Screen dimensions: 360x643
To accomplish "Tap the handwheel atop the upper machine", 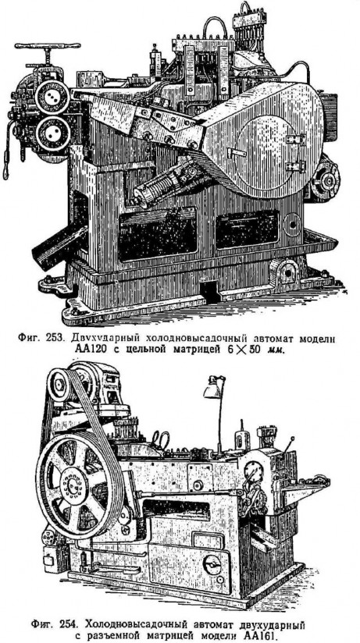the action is (x=48, y=46).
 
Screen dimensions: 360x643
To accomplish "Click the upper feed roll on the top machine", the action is (x=52, y=97).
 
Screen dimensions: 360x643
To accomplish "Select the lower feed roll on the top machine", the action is (x=52, y=133).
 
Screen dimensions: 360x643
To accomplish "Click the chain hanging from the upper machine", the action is (x=6, y=151).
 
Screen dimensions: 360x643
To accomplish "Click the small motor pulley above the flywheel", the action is (x=60, y=385).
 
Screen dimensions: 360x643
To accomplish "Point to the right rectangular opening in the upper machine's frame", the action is (x=247, y=229).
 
